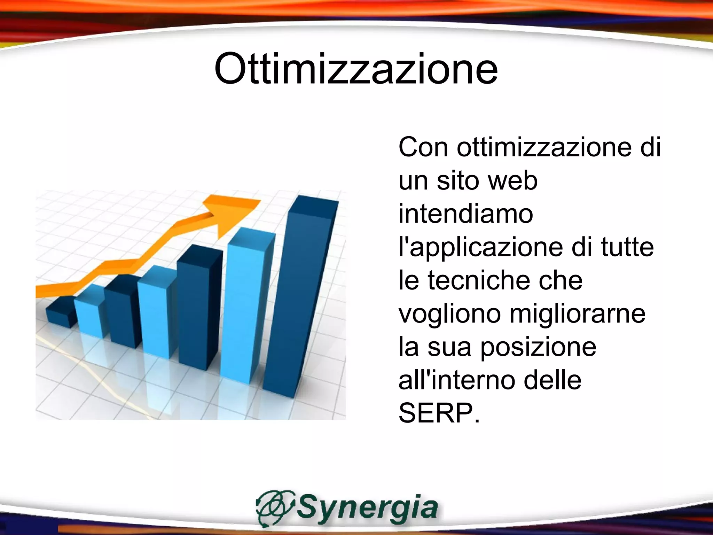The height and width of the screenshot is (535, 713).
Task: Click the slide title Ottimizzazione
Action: click(x=356, y=69)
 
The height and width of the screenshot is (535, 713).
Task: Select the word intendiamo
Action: click(x=465, y=214)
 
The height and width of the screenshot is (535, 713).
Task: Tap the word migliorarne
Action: click(x=578, y=314)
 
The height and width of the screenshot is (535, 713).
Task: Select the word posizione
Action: click(x=538, y=347)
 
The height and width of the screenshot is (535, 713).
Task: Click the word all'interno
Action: click(x=456, y=380)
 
